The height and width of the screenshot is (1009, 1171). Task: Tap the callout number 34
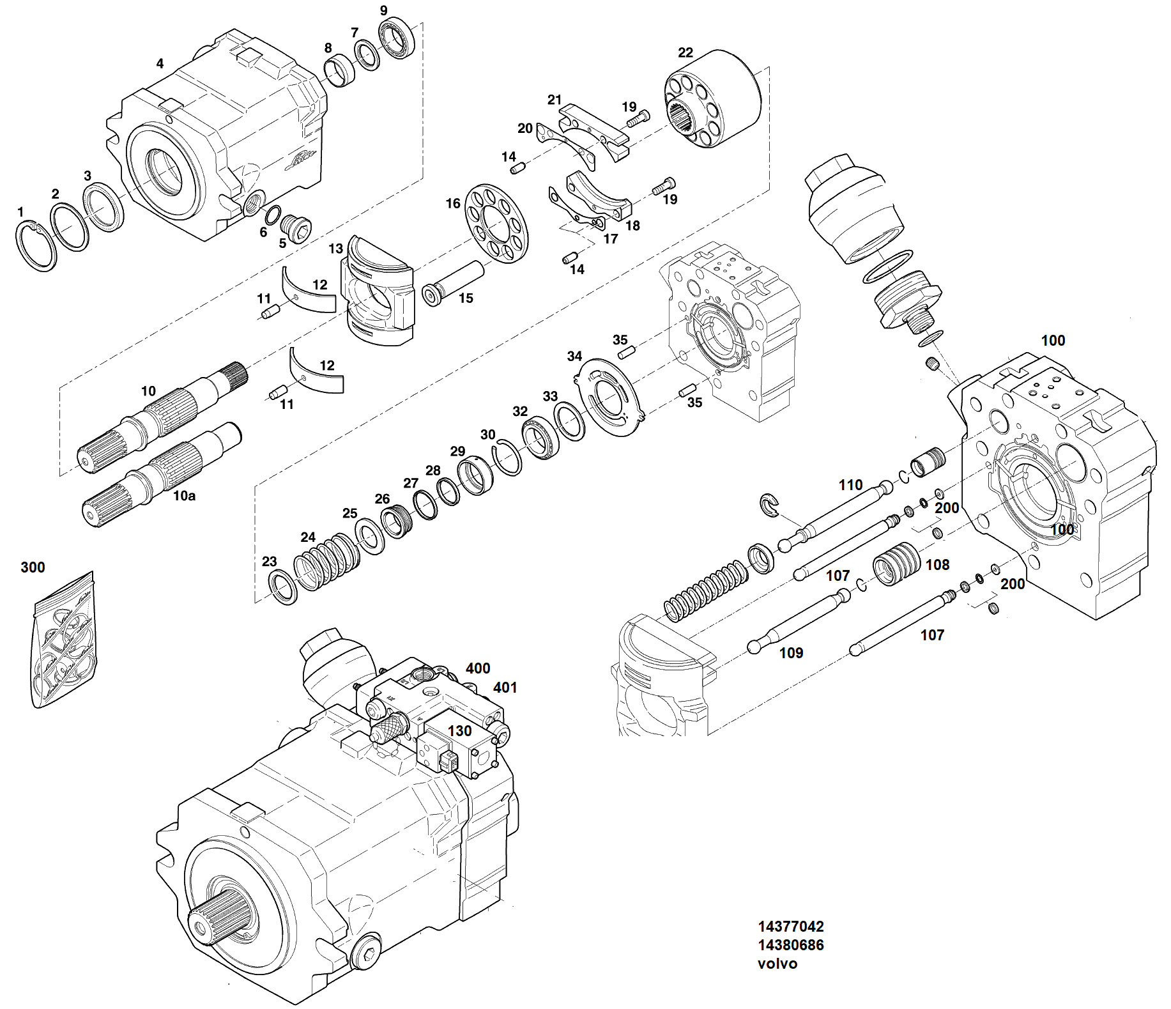[574, 356]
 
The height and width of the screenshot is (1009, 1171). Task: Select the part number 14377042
[790, 926]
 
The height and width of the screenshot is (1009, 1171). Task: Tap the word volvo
[777, 964]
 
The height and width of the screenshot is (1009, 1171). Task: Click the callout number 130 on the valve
[459, 730]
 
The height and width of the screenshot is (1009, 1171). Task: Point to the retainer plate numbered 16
[497, 223]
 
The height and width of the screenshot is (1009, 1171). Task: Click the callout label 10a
[184, 495]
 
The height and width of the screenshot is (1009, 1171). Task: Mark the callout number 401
[505, 688]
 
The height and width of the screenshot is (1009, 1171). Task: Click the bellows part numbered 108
[896, 564]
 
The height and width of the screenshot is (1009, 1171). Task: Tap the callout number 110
[850, 485]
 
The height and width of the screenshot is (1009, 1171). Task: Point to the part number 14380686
[790, 944]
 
